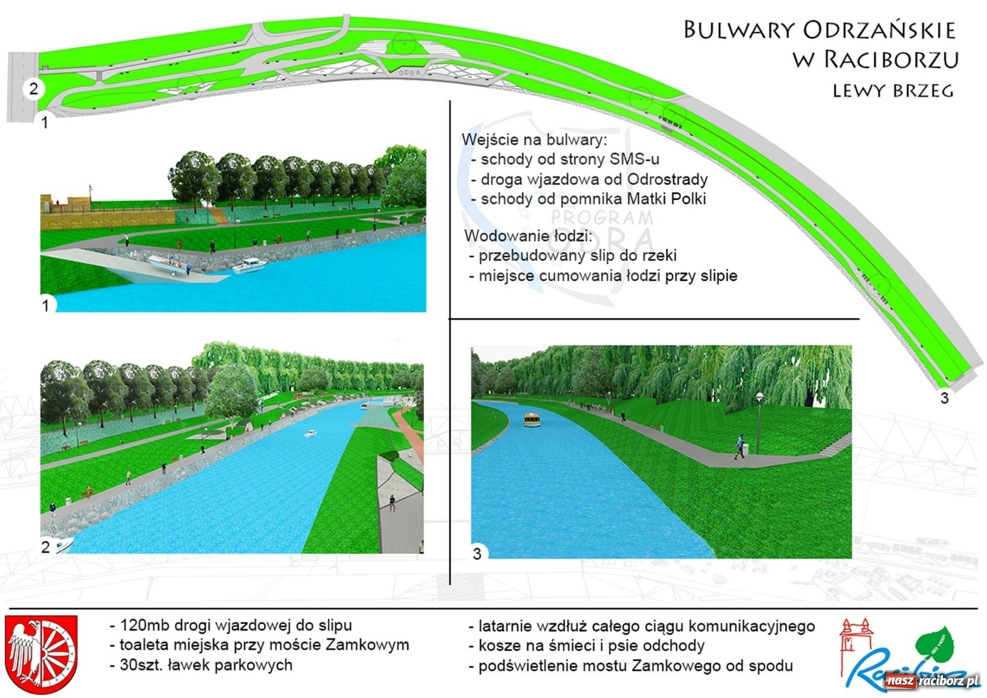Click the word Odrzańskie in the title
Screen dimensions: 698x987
879,30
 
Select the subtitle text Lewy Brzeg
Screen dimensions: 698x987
893,91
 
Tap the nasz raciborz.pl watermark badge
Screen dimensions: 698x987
932,681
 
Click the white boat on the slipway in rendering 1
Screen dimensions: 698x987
167,264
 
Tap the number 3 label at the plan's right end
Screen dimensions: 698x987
944,398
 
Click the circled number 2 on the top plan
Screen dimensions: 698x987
34,89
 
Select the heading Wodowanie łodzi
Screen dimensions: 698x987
527,236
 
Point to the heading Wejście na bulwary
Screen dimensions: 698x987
534,139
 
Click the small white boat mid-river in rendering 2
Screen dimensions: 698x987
310,433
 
